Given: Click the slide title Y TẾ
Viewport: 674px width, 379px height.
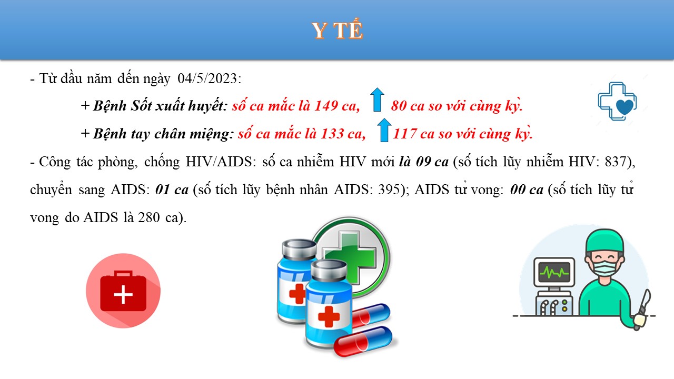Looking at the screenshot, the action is [338, 31].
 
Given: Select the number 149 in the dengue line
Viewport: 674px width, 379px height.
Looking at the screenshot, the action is [326, 106].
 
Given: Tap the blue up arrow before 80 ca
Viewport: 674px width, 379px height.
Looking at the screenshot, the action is [377, 99].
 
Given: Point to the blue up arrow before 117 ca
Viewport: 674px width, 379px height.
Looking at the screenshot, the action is [384, 130].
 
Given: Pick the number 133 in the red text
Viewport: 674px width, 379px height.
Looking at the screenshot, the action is [332, 134].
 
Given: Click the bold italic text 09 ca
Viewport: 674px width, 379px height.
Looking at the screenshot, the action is [432, 162].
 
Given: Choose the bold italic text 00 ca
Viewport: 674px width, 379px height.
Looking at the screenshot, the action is [527, 189].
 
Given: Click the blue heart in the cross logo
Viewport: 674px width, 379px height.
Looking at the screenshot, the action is [625, 107].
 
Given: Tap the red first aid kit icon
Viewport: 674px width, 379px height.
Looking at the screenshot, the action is [123, 291].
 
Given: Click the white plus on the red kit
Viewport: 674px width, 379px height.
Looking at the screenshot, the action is [123, 294].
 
